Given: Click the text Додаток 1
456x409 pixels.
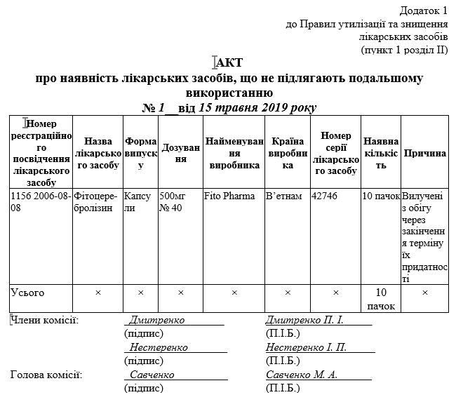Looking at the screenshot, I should click(x=423, y=11).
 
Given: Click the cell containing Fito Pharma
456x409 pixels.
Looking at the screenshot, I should click(x=229, y=196).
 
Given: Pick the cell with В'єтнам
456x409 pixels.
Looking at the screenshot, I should click(x=283, y=196).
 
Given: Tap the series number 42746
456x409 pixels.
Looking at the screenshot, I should click(x=325, y=196).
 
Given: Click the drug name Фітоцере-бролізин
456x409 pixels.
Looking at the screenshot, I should click(x=97, y=201).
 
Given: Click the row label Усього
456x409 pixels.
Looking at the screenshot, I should click(x=28, y=292).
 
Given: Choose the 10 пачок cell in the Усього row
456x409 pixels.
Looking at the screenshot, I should click(x=381, y=298).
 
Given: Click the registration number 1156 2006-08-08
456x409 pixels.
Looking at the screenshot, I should click(x=39, y=201).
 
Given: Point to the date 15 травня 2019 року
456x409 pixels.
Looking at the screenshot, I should click(x=257, y=108).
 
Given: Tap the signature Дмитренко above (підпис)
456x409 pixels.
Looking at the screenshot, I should click(x=157, y=320).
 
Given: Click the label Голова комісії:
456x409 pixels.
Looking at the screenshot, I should click(x=46, y=375).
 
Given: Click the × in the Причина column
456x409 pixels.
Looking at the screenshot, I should click(x=425, y=292).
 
